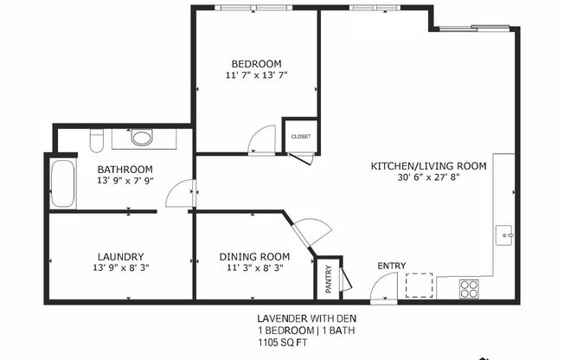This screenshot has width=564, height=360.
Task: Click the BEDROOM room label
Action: pyautogui.click(x=256, y=64)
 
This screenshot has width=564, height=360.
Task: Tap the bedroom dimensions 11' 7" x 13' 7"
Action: pyautogui.click(x=256, y=76)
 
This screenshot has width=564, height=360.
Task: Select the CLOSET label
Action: pyautogui.click(x=301, y=137)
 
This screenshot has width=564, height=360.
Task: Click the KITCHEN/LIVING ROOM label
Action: pyautogui.click(x=429, y=165)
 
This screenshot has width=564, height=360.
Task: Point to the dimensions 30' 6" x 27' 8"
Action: pyautogui.click(x=429, y=177)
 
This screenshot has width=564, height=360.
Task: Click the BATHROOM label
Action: pyautogui.click(x=125, y=169)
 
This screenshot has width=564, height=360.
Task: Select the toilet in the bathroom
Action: pyautogui.click(x=98, y=138)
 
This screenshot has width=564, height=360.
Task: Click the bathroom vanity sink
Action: pyautogui.click(x=142, y=137)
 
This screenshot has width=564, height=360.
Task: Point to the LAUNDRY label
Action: pyautogui.click(x=119, y=256)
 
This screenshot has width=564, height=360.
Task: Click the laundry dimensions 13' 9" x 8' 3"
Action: pyautogui.click(x=119, y=268)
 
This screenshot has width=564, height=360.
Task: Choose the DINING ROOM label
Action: pyautogui.click(x=253, y=256)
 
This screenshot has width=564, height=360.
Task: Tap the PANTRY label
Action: pyautogui.click(x=328, y=278)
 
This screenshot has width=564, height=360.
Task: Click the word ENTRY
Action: pyautogui.click(x=391, y=266)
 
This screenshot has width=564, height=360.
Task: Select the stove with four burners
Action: pyautogui.click(x=470, y=287)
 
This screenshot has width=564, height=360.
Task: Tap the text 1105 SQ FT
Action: pyautogui.click(x=282, y=343)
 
